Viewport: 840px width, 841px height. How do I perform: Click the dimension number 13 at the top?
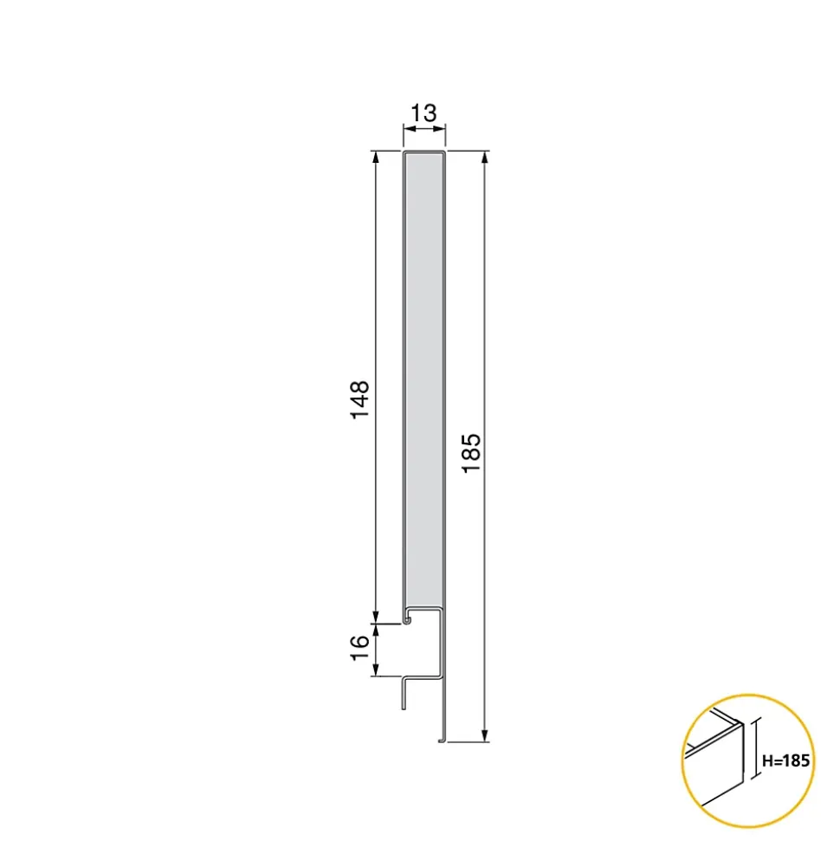pos(423,113)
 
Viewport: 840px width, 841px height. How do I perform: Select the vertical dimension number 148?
pos(360,399)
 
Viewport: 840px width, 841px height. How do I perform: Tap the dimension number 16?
pos(360,649)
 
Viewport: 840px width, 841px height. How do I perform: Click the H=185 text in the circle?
pos(786,761)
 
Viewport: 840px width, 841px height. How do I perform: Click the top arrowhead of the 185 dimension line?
pos(484,157)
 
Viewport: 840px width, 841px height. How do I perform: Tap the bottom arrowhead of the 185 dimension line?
pos(484,736)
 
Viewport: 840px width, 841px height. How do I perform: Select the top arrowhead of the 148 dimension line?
pos(376,157)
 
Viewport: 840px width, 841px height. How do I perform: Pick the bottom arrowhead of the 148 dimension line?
pos(376,616)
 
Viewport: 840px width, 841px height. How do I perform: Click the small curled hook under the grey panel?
pos(407,620)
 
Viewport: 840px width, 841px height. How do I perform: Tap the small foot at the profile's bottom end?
pos(440,741)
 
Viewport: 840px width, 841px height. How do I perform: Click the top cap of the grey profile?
pos(424,152)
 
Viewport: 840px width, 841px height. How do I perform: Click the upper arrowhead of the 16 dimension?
pos(376,628)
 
